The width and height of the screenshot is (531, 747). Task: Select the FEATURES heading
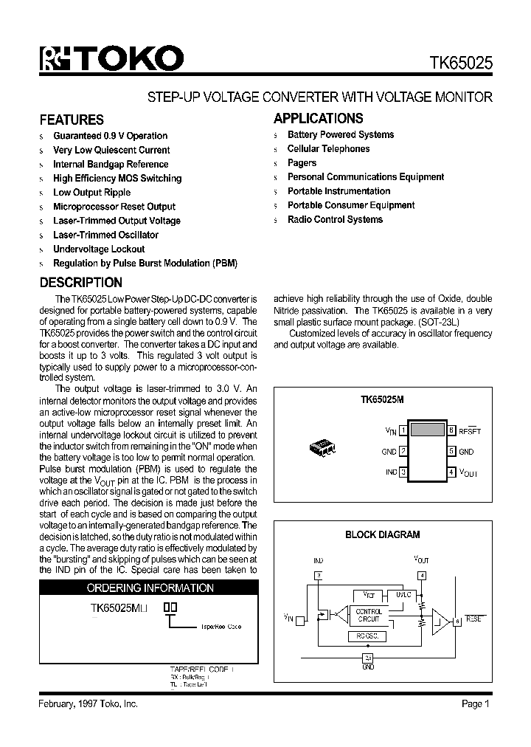click(x=72, y=120)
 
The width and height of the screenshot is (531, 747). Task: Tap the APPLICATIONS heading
click(x=318, y=118)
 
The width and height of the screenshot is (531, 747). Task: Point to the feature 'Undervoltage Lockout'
click(x=99, y=249)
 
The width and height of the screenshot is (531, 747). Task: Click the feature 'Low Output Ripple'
click(x=91, y=193)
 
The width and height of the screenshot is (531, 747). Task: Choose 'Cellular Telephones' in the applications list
click(x=328, y=149)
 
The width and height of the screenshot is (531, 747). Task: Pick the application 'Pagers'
click(x=302, y=163)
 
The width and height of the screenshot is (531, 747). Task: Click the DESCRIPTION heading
click(x=80, y=283)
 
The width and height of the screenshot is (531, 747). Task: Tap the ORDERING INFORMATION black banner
click(x=150, y=588)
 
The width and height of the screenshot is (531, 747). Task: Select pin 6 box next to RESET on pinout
click(x=451, y=430)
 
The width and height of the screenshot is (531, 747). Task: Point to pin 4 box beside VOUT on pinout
click(x=451, y=472)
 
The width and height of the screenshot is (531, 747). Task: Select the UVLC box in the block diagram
click(x=403, y=594)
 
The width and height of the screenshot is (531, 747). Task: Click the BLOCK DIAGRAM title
click(x=383, y=534)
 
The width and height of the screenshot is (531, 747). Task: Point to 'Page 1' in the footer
click(x=476, y=704)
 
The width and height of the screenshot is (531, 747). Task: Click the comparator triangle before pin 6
click(x=441, y=619)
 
